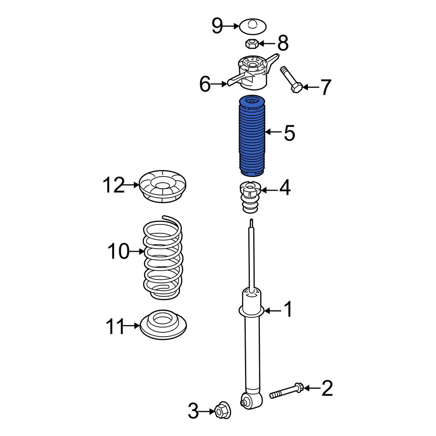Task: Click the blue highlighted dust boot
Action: pos(252,136)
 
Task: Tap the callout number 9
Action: pos(218,26)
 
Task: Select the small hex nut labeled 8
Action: pos(252,44)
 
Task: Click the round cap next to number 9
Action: pos(253,27)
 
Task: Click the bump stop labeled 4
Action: pos(250,197)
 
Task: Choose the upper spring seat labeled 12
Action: pos(162,186)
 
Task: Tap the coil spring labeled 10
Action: pos(163,257)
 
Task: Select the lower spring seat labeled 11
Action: pos(163,324)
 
